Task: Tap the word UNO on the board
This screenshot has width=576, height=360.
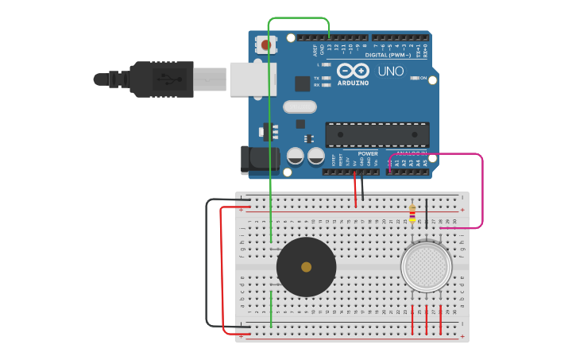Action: [x=390, y=72]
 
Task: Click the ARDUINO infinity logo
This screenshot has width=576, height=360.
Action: [x=353, y=69]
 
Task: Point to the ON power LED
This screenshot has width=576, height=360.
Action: [x=414, y=78]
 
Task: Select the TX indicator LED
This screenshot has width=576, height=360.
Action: [x=325, y=78]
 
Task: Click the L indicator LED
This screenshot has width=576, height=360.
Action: [x=325, y=64]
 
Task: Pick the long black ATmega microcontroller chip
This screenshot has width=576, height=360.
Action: [x=377, y=134]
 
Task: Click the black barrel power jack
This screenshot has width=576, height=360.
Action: [x=259, y=158]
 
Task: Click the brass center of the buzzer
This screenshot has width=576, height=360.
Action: [x=306, y=267]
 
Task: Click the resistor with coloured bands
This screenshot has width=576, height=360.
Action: [x=412, y=213]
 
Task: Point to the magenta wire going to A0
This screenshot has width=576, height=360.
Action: [x=482, y=191]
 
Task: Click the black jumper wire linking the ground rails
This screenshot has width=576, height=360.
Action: [x=207, y=262]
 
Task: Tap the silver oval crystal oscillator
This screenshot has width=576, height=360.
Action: [x=300, y=106]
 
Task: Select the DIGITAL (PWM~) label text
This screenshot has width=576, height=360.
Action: [x=388, y=55]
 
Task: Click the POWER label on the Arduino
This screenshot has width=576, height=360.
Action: [x=368, y=153]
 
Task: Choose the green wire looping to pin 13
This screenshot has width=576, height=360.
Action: [x=299, y=17]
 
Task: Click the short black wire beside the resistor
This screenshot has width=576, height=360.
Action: [x=427, y=213]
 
